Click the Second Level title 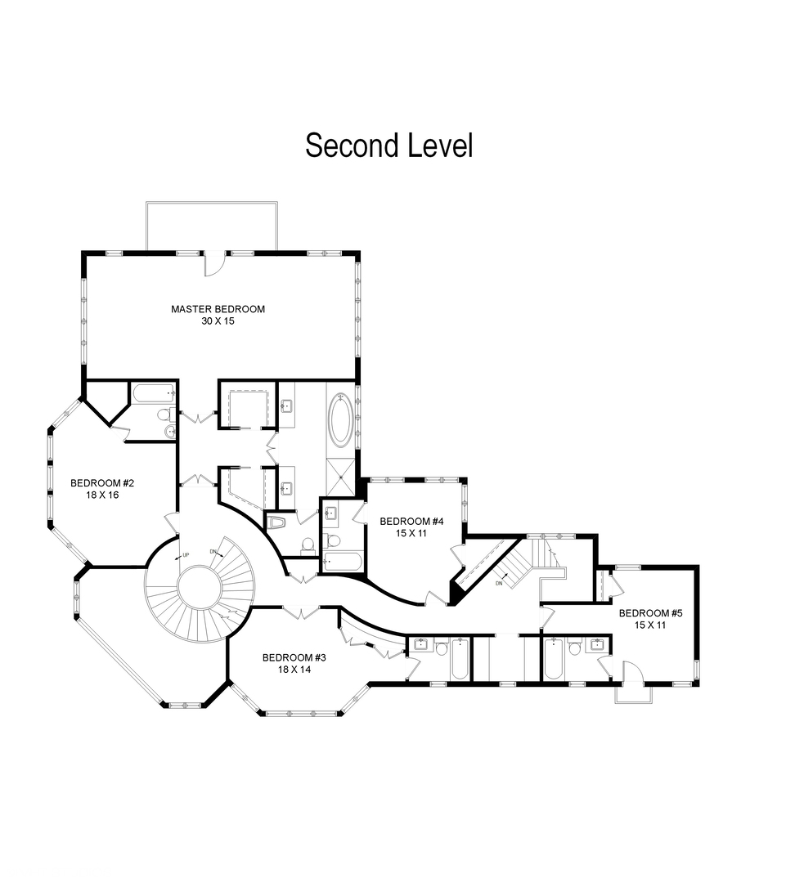pyautogui.click(x=389, y=146)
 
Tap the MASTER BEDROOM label pyautogui.click(x=218, y=309)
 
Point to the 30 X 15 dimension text pyautogui.click(x=218, y=321)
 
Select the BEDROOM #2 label pyautogui.click(x=102, y=483)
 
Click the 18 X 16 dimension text pyautogui.click(x=102, y=495)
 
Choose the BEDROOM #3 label pyautogui.click(x=294, y=657)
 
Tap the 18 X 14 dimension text pyautogui.click(x=294, y=670)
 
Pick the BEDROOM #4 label pyautogui.click(x=411, y=522)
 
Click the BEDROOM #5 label pyautogui.click(x=651, y=613)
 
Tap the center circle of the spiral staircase pyautogui.click(x=200, y=588)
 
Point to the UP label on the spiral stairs pyautogui.click(x=186, y=555)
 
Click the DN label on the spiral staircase pyautogui.click(x=213, y=551)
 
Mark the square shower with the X pyautogui.click(x=341, y=477)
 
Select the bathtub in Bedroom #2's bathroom pyautogui.click(x=153, y=393)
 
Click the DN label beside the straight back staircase pyautogui.click(x=499, y=584)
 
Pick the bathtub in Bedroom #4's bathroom pyautogui.click(x=344, y=562)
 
